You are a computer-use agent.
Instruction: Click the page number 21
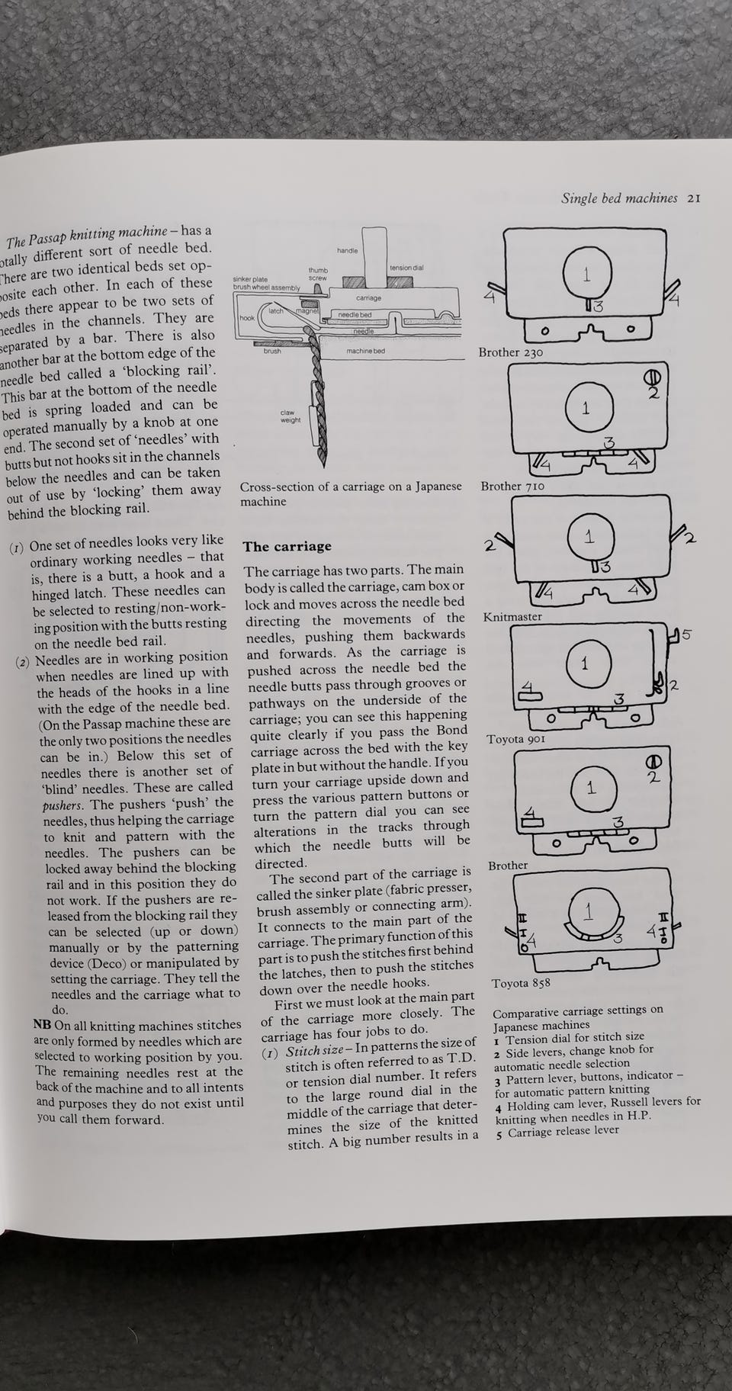pos(693,198)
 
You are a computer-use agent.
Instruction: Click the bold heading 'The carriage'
pos(287,546)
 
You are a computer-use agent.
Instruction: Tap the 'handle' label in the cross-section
pos(347,250)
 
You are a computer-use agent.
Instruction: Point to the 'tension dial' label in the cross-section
pos(406,268)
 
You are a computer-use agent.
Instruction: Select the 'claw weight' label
pos(291,416)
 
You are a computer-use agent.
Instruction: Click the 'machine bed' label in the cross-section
pos(365,351)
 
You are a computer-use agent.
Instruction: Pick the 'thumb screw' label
pos(318,274)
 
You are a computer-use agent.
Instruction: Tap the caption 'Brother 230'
pos(510,352)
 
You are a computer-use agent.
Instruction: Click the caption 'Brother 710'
pos(512,486)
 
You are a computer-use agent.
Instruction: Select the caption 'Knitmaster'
pos(512,616)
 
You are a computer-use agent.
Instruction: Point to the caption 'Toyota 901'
pos(516,739)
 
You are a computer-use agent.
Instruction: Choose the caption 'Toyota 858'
pos(521,983)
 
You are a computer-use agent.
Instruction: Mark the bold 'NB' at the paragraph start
pos(43,1023)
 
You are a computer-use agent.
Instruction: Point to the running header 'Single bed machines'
pos(619,198)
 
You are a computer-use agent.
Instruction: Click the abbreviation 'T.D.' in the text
pos(461,1057)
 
